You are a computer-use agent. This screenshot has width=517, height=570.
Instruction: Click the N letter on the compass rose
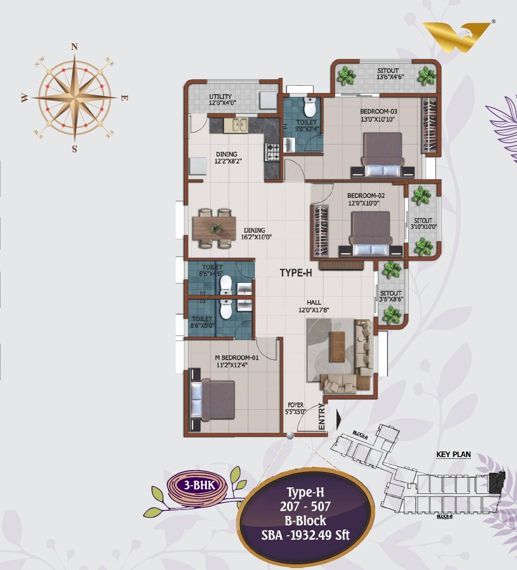click(74, 46)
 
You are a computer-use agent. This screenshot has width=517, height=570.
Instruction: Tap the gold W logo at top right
click(457, 37)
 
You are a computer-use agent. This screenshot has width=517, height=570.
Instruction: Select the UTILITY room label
click(221, 97)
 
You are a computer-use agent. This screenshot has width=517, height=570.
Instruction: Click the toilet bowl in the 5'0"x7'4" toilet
click(310, 107)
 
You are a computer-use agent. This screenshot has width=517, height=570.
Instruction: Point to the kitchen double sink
click(237, 125)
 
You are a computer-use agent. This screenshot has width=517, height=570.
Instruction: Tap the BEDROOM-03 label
click(379, 111)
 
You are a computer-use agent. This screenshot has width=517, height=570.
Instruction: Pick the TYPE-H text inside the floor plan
click(296, 272)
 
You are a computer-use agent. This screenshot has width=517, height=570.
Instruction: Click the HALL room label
click(314, 302)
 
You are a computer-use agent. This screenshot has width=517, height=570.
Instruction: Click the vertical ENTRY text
click(322, 416)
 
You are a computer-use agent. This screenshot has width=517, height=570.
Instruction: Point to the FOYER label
click(295, 405)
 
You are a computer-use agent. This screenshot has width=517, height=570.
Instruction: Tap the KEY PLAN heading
click(453, 455)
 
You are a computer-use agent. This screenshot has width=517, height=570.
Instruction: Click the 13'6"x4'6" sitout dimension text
click(390, 77)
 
